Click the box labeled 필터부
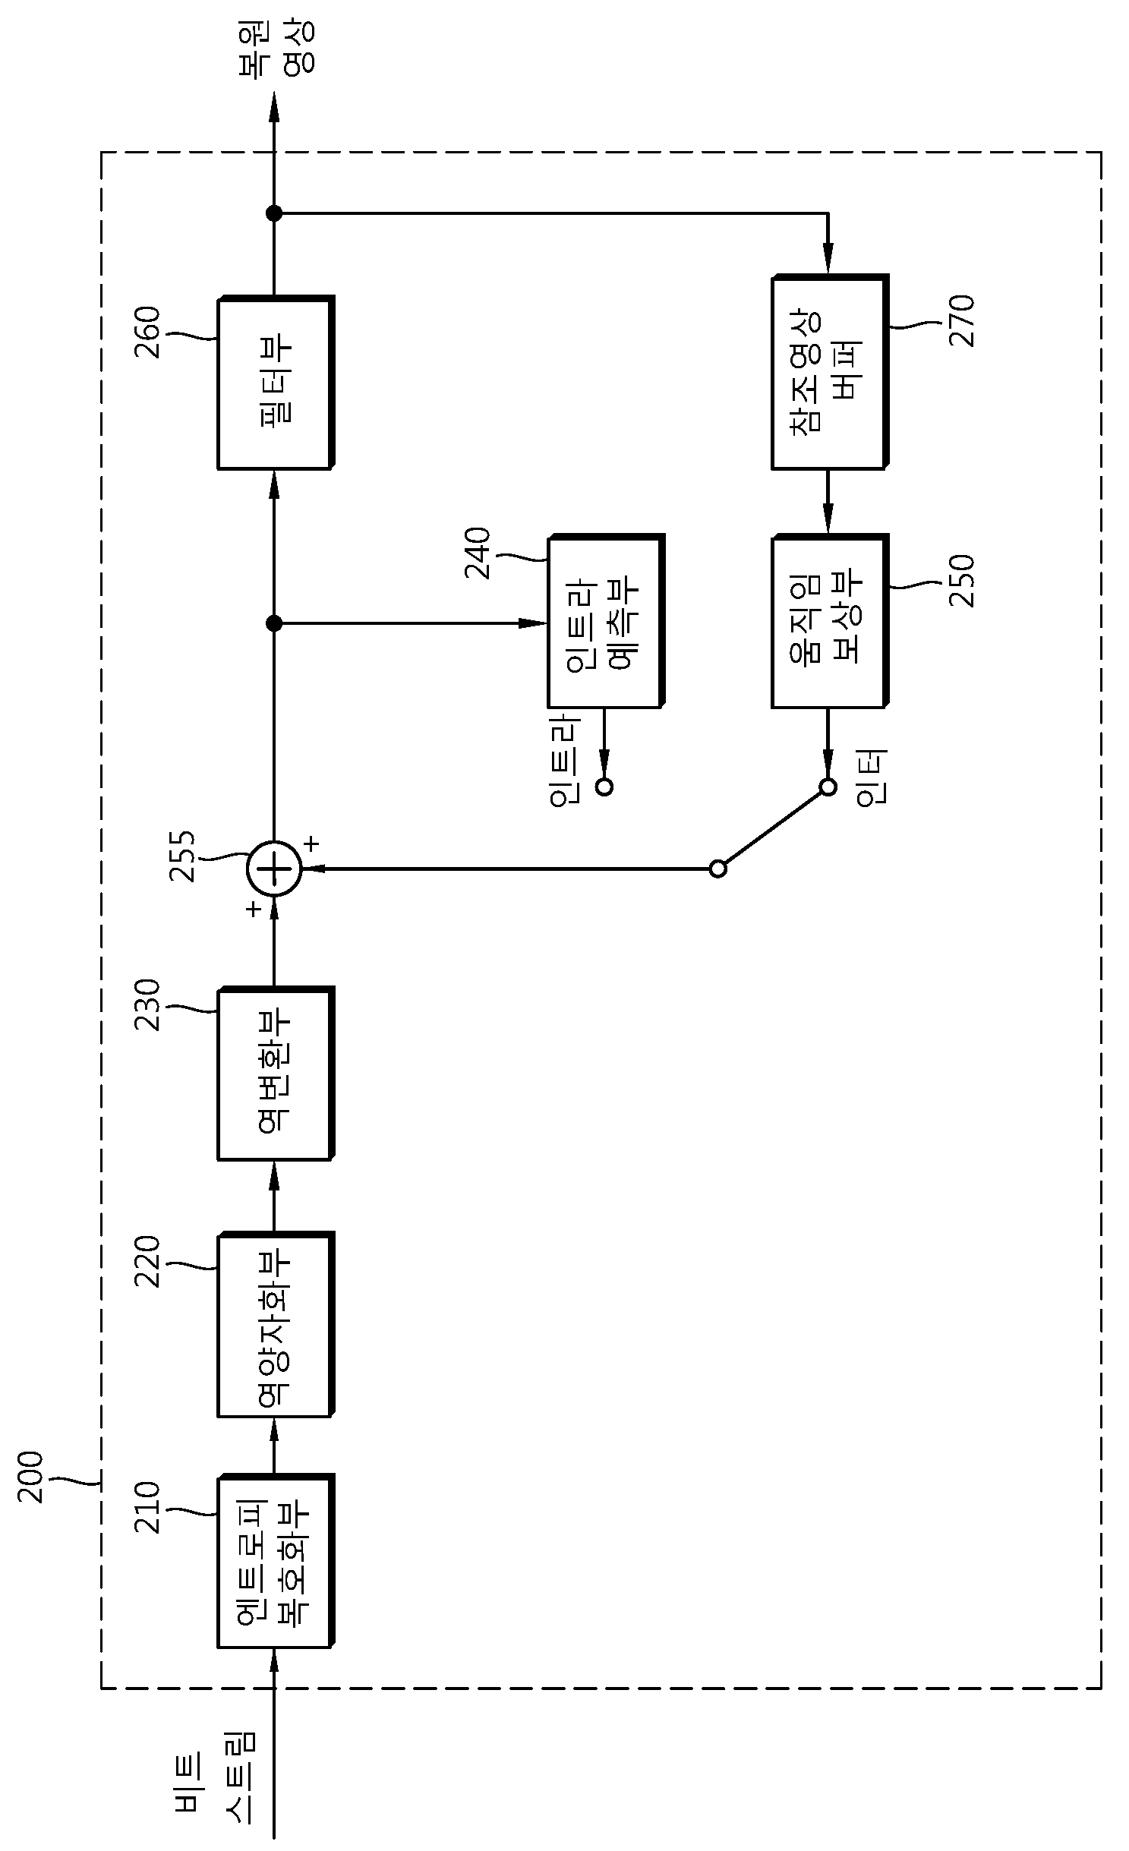276,382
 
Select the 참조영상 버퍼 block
829,372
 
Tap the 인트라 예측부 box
606,621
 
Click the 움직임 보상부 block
829,621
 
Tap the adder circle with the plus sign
274,869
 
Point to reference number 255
183,857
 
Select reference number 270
961,321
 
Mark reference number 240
479,554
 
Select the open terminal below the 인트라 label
604,787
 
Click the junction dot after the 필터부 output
274,213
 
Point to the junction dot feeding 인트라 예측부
274,623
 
